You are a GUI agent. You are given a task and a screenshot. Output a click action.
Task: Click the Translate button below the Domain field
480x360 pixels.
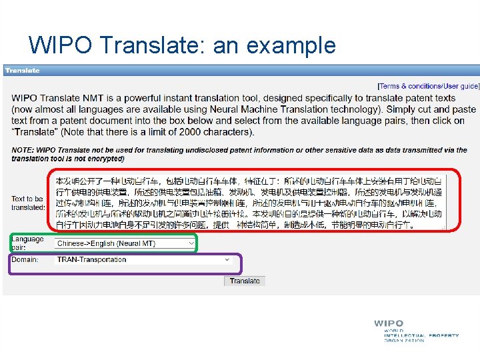(x=245, y=281)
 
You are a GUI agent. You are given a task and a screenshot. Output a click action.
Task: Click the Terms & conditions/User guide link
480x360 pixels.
(x=427, y=86)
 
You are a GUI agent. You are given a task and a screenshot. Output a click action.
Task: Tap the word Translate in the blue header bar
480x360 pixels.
(x=22, y=70)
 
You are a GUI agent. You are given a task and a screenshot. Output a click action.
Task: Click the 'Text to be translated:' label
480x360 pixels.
(x=27, y=203)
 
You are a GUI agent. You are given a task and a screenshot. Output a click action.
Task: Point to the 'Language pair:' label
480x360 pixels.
(x=27, y=243)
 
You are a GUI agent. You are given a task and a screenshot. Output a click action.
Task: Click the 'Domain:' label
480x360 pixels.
(x=25, y=260)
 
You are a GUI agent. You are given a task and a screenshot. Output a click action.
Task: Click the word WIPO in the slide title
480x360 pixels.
(x=61, y=45)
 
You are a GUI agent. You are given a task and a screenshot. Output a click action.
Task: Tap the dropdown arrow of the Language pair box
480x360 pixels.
(x=191, y=244)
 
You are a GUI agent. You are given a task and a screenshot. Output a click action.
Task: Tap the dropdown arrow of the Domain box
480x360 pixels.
(x=227, y=260)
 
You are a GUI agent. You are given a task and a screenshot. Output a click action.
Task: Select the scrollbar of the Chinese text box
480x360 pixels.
(x=445, y=200)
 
